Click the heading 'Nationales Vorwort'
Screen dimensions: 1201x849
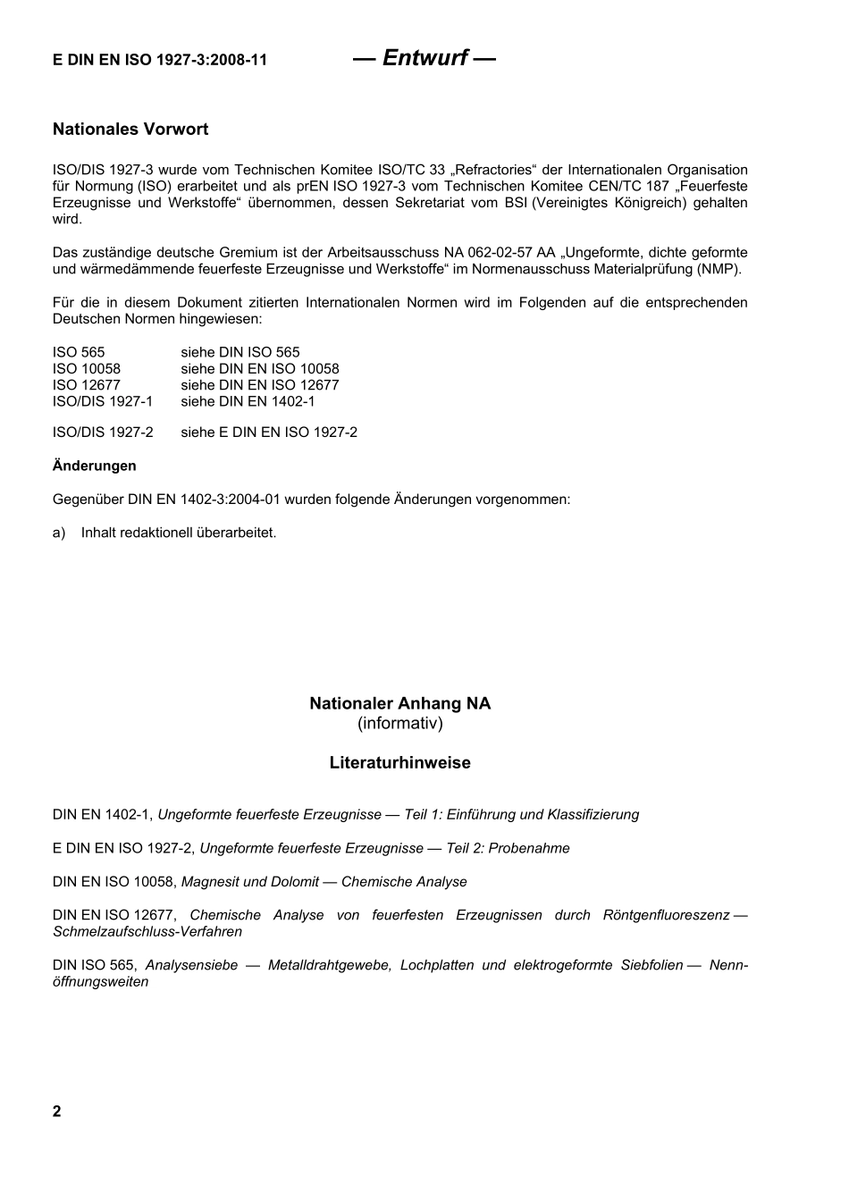130,130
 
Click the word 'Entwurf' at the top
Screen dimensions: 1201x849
424,58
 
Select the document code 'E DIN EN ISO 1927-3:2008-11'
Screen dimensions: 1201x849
160,61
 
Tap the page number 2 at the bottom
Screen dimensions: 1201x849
57,1112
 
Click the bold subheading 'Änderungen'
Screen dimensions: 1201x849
95,466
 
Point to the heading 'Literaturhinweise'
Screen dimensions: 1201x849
399,763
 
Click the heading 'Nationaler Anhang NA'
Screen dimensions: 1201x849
399,703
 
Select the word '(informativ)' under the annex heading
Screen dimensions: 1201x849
399,723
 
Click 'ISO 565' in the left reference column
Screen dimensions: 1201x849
79,352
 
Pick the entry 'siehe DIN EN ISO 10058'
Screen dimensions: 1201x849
260,368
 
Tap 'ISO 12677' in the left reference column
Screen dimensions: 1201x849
87,385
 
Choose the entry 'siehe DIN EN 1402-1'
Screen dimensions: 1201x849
248,401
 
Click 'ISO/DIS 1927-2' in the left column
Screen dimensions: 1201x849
103,433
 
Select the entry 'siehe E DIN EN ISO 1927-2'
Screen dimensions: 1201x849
269,433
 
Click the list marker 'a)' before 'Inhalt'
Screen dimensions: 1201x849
59,533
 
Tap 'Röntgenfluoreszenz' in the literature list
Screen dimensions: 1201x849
666,915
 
